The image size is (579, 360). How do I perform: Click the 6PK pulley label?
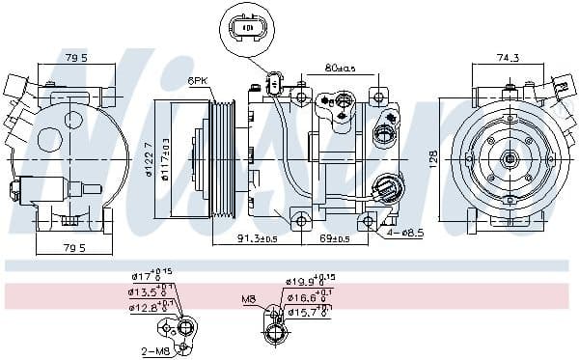point(197,82)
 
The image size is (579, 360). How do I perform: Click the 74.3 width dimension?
point(507,59)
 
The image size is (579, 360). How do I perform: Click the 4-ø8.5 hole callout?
point(403,233)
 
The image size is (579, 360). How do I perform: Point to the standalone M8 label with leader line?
point(248,299)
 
